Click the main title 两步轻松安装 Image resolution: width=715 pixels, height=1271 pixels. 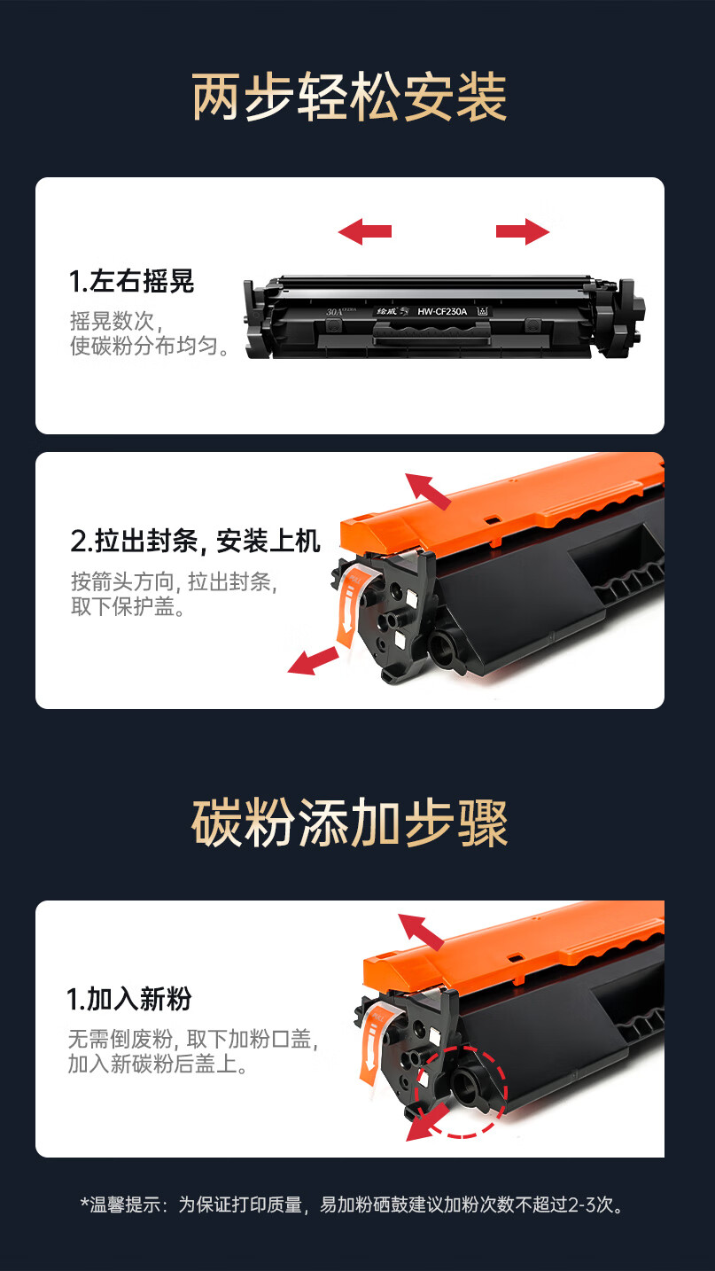pos(349,97)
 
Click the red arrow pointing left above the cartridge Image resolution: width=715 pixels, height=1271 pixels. pos(364,231)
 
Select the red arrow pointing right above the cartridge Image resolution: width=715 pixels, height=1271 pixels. pos(523,231)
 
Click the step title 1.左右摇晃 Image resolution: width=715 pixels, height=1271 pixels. pos(131,282)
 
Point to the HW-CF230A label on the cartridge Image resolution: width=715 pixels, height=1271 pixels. pos(442,311)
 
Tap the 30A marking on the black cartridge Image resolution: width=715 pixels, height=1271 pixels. pos(335,311)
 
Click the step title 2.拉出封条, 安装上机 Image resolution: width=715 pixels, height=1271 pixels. pos(196,541)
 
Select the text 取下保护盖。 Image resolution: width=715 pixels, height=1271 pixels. pos(128,606)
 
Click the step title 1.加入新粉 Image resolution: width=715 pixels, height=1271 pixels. pos(128,998)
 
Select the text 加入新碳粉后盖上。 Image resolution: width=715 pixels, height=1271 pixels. pos(159,1064)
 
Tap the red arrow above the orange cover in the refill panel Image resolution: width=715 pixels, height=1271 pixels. pos(421,932)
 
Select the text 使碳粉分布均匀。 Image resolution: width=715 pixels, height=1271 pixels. pos(151,346)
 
